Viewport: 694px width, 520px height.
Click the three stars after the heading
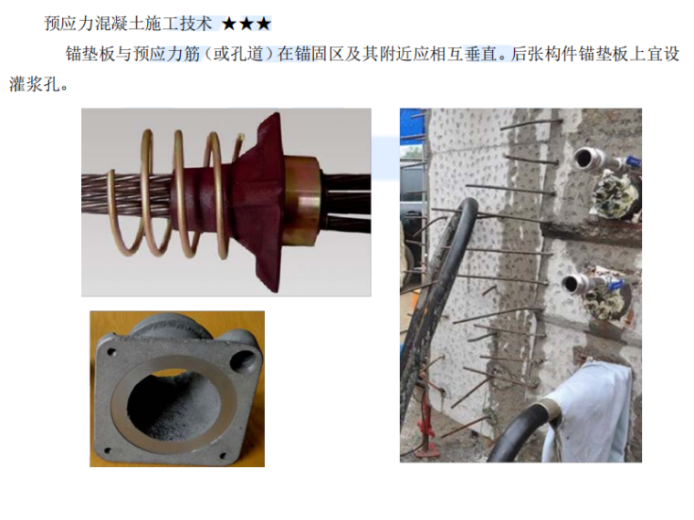[246, 22]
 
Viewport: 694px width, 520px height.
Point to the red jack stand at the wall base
[422, 429]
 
